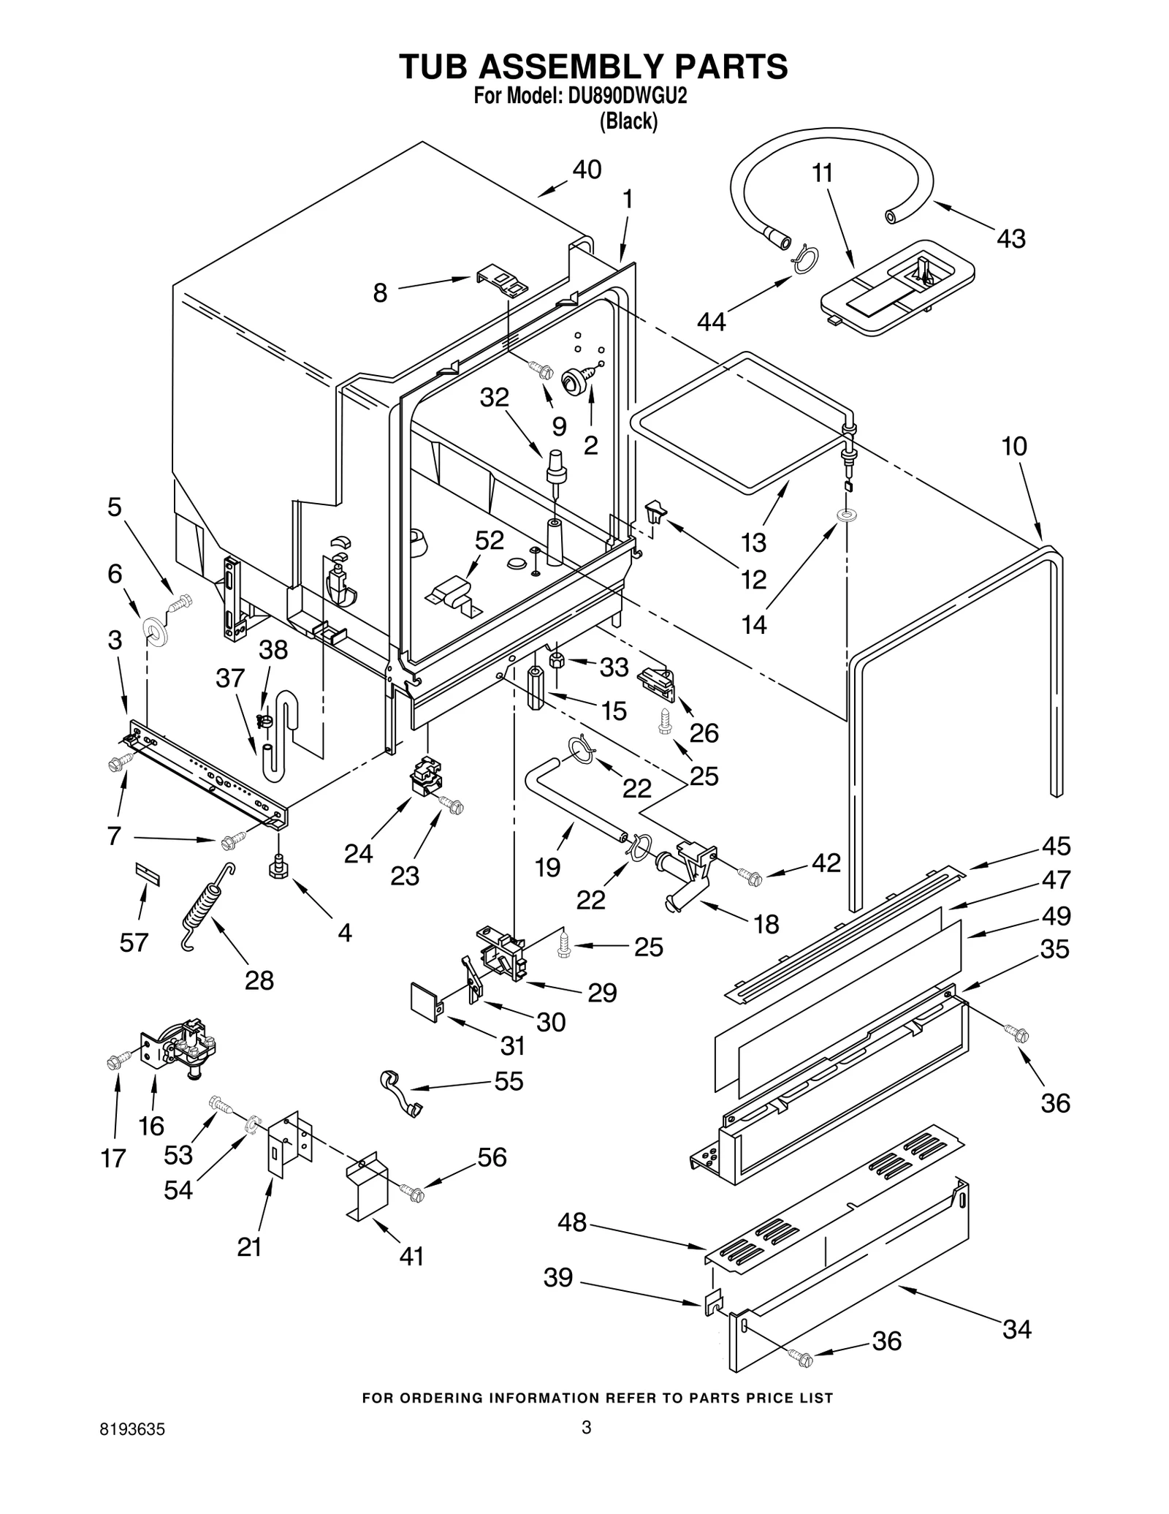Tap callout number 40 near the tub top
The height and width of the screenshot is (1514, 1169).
[586, 170]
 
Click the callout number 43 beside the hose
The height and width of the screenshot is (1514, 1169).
[1011, 238]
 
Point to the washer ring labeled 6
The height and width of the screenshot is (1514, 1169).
[154, 631]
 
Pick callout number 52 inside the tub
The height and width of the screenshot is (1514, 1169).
[490, 540]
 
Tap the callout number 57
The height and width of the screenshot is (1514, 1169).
[134, 942]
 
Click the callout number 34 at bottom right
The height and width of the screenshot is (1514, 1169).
[1016, 1328]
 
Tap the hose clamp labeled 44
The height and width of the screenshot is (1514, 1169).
[804, 259]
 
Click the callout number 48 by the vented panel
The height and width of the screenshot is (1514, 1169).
[572, 1222]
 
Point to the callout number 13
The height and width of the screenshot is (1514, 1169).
[753, 542]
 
